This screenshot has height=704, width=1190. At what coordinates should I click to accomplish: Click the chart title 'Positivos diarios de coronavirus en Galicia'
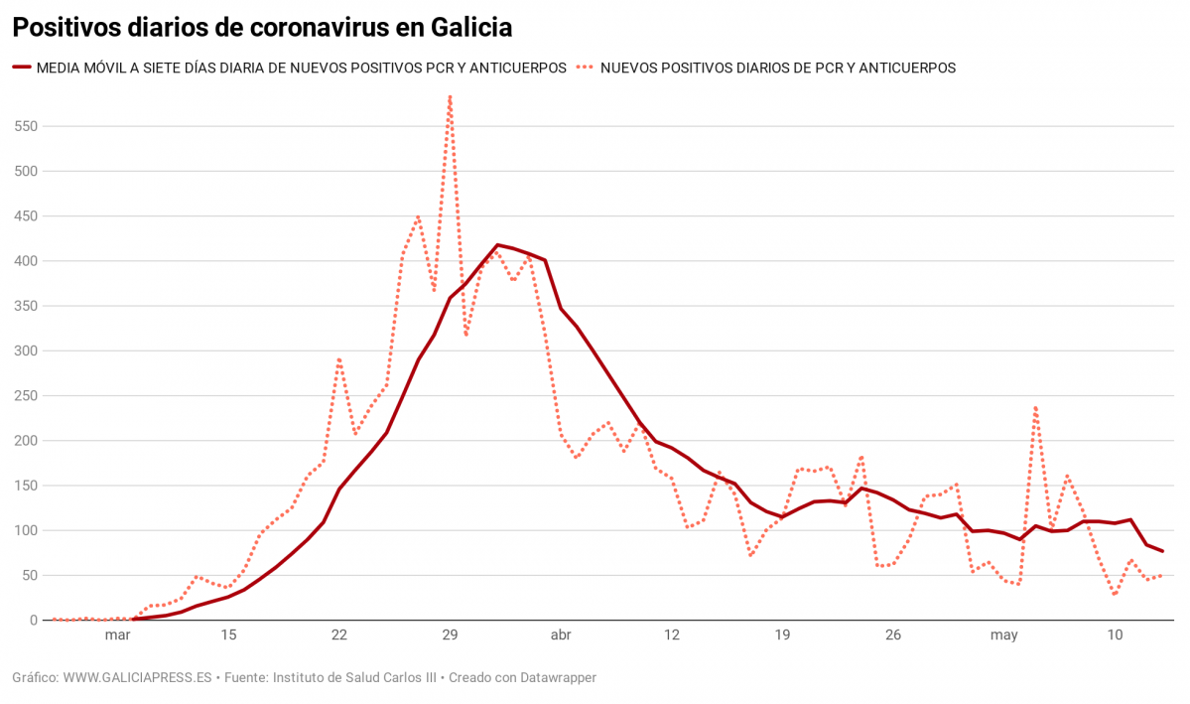[262, 28]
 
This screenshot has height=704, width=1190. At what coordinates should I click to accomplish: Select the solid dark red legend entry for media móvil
[289, 68]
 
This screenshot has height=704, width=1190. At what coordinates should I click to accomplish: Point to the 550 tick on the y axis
[26, 126]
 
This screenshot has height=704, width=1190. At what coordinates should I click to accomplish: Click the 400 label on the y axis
[26, 261]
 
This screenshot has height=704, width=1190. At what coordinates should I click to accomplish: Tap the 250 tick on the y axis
[26, 396]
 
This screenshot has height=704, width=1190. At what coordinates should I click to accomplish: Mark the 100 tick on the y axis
[26, 530]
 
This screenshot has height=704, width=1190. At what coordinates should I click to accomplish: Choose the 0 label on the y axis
[34, 621]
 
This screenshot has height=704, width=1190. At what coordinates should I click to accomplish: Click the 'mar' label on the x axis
[117, 635]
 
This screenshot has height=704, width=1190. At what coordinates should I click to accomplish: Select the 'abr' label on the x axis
[561, 635]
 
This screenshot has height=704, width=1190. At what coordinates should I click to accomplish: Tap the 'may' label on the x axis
[1004, 635]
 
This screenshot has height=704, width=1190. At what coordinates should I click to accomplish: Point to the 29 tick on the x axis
[450, 635]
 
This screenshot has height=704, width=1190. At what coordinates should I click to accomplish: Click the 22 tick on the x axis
[339, 635]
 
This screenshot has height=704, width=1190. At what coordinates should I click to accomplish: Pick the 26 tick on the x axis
[893, 635]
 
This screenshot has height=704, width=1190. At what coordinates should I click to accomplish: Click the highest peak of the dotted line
[450, 97]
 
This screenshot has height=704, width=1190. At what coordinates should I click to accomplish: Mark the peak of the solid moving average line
[497, 244]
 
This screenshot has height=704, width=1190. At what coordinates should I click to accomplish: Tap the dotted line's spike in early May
[1035, 406]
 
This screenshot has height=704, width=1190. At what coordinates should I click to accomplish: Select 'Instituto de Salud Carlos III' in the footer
[353, 677]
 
